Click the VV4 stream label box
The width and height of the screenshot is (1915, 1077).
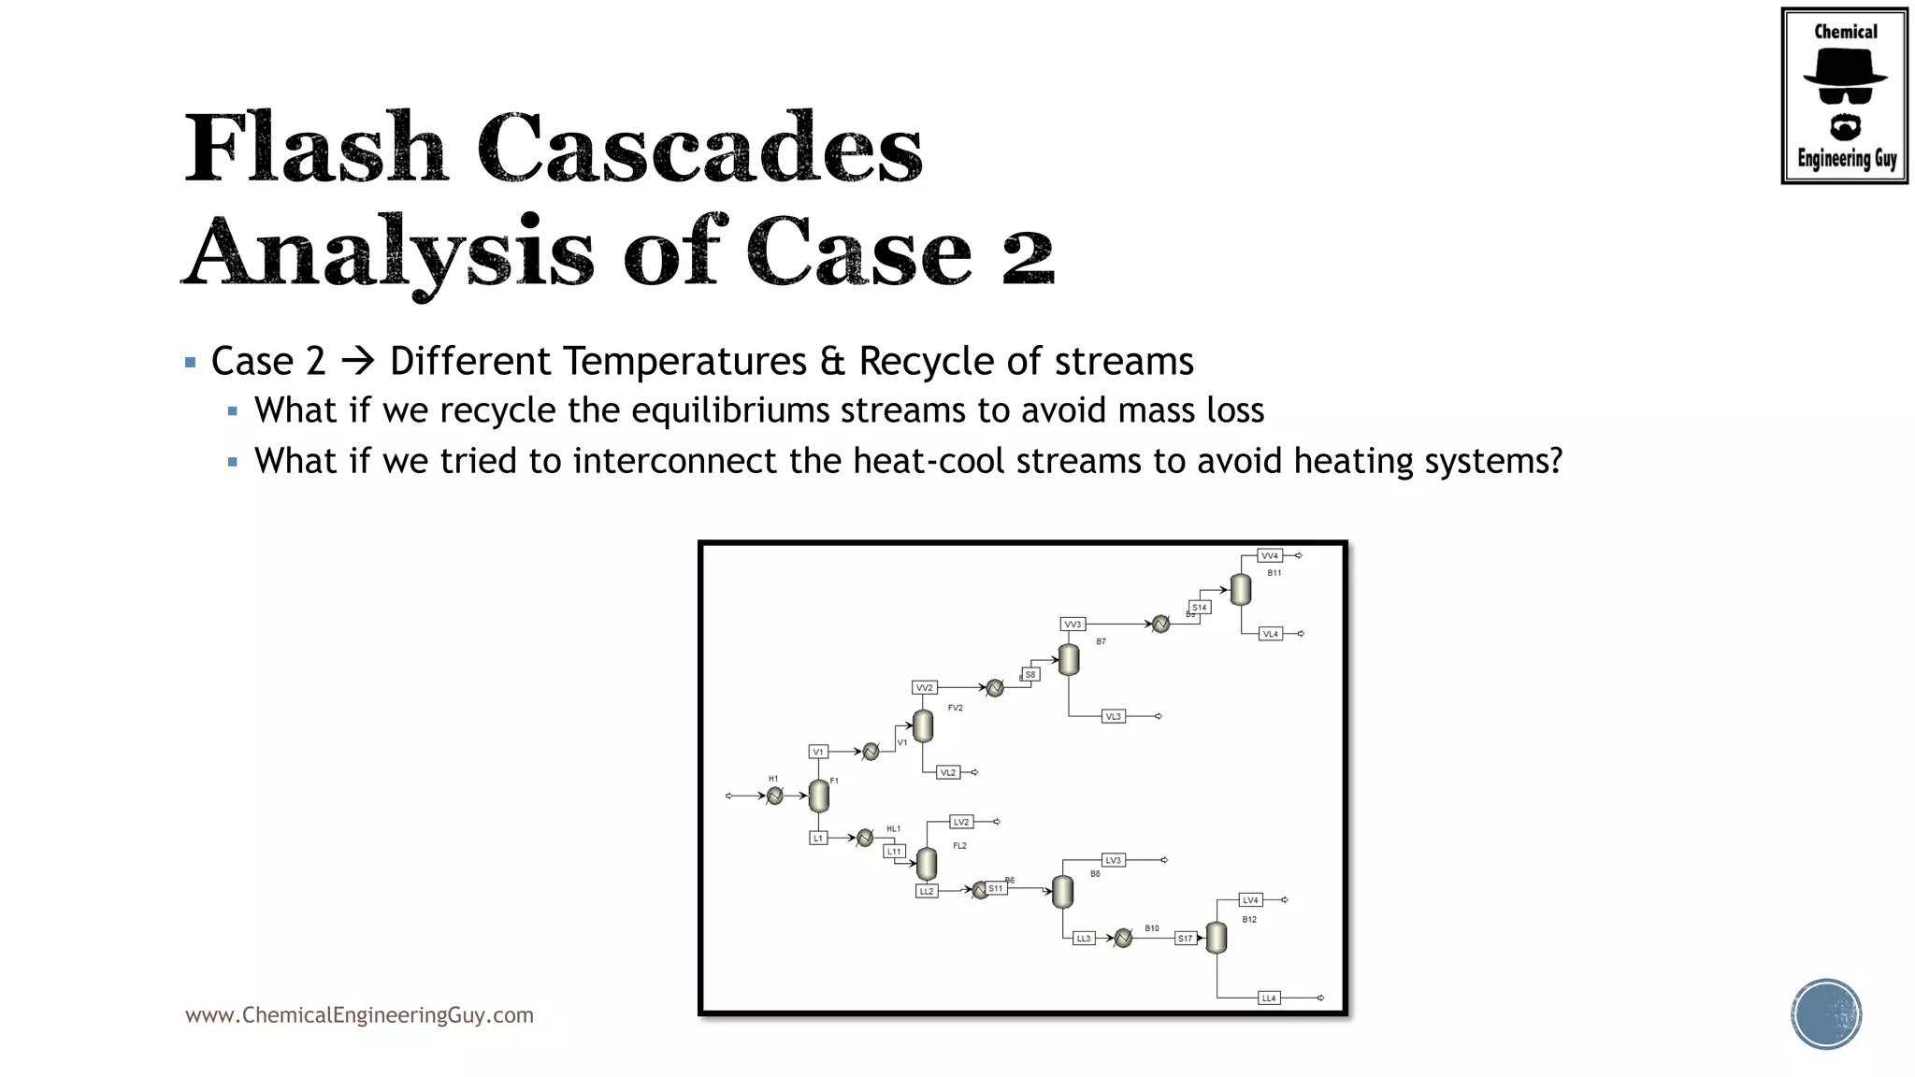point(1269,555)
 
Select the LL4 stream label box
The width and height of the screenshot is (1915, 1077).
point(1269,998)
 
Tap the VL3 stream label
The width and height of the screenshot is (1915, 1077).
point(1113,716)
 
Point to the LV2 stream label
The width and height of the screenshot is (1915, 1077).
point(961,822)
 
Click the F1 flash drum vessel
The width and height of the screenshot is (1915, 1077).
point(818,796)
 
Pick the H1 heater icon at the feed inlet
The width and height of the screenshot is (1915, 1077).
point(775,796)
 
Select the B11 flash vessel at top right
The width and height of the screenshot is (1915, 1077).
point(1241,590)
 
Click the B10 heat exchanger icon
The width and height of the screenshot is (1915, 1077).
point(1124,938)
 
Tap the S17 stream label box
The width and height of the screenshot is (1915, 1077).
point(1185,938)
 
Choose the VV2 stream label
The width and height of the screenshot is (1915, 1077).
point(924,687)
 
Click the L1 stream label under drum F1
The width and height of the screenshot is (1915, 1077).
point(818,838)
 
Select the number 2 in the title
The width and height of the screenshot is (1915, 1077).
point(1028,254)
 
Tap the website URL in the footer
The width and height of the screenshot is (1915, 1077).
point(359,1014)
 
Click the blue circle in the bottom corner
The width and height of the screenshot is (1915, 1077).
point(1826,1013)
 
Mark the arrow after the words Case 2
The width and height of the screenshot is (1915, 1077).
point(357,361)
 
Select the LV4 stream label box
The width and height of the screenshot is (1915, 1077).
point(1250,899)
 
